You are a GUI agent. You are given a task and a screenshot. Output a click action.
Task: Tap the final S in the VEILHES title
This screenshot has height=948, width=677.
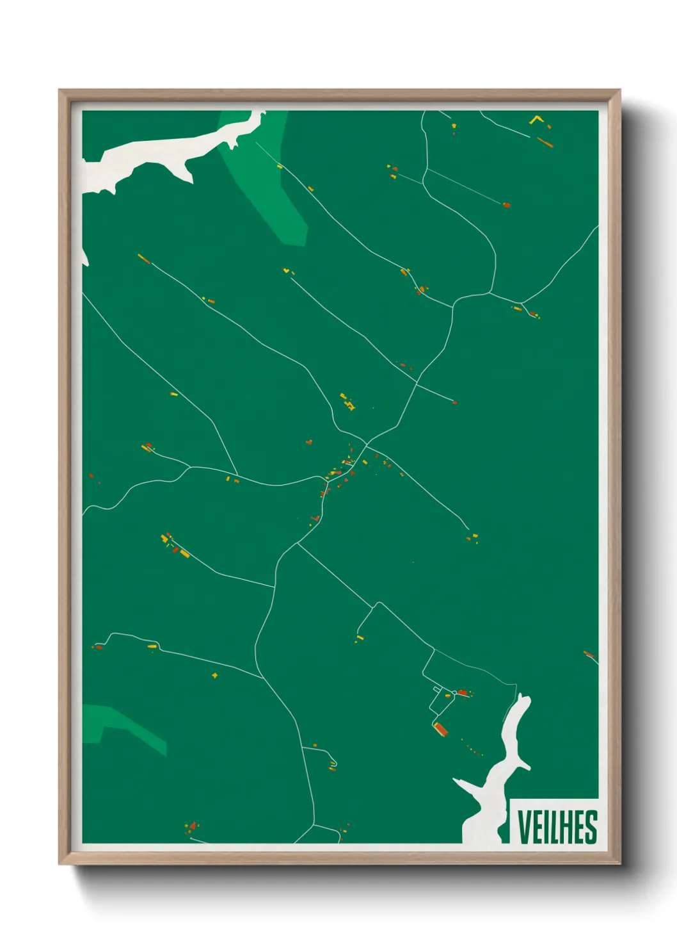591,827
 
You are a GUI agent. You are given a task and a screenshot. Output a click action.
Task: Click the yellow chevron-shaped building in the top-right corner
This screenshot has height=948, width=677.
537,119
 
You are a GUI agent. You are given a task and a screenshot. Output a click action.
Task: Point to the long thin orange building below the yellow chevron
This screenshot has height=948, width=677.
545,142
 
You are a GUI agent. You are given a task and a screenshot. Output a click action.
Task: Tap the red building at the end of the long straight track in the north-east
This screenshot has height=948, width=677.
506,205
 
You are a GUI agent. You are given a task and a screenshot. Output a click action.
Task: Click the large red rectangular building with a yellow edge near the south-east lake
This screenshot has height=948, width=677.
440,728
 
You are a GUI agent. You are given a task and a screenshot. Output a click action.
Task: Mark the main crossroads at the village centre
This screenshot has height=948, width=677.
367,443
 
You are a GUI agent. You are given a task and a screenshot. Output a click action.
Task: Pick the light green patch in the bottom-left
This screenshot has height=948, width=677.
122,724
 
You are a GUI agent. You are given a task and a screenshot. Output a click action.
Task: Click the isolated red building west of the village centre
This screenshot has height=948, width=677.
309,442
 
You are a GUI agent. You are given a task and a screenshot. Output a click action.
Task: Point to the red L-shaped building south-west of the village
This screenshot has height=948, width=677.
315,518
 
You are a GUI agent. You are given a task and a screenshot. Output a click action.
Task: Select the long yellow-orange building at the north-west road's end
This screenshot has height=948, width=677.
143,258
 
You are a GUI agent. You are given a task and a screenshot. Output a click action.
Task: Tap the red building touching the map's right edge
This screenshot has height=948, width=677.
589,654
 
